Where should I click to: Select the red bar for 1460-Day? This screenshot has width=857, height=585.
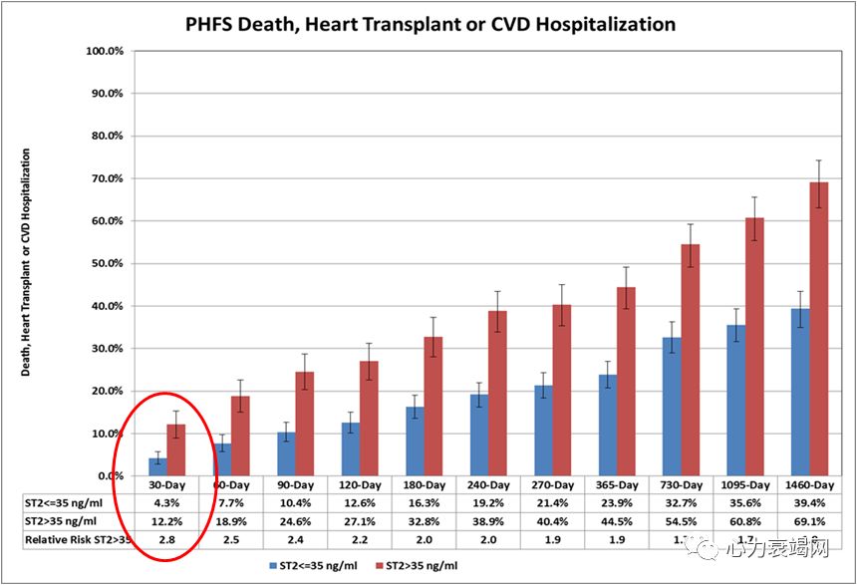pyautogui.click(x=818, y=329)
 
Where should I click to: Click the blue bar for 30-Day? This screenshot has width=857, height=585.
pyautogui.click(x=157, y=466)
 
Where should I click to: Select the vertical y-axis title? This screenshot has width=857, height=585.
pyautogui.click(x=27, y=262)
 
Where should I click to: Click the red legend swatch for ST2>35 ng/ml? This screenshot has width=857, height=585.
pyautogui.click(x=380, y=566)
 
